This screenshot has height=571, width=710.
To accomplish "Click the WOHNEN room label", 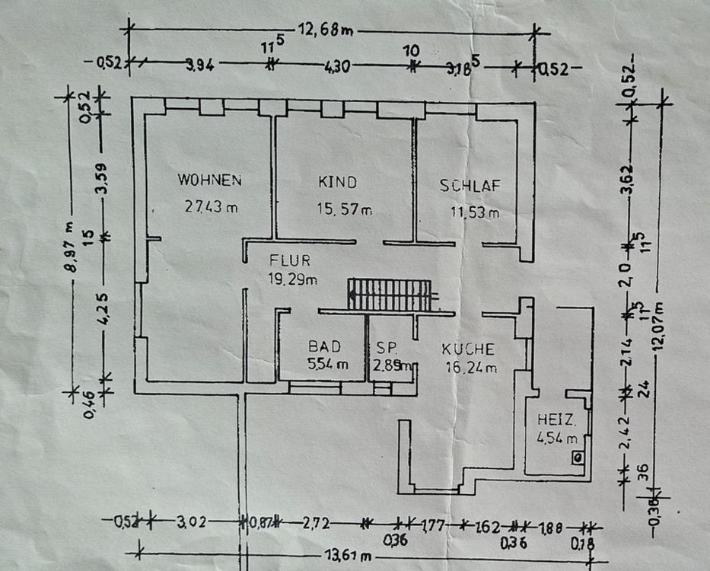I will tap(209, 180).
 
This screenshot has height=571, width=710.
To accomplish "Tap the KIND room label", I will tap(337, 182).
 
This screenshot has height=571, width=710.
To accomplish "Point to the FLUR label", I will tap(289, 260).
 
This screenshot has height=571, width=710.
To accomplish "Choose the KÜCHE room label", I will tap(468, 349).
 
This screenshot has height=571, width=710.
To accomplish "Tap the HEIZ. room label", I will tap(556, 419).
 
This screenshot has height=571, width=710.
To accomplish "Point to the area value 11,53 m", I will tap(475, 212).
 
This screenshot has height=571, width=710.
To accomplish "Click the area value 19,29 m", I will tap(292, 279).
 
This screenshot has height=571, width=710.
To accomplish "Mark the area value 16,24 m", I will tap(471, 368).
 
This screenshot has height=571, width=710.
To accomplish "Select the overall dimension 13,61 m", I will tap(343, 556).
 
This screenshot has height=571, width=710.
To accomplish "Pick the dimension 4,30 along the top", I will tap(337, 67).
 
